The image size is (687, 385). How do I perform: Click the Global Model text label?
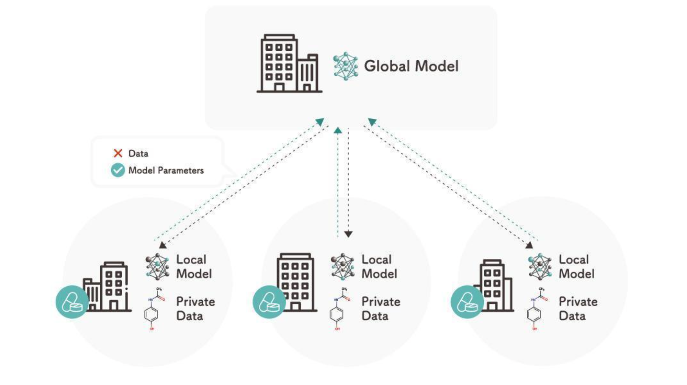tap(411, 66)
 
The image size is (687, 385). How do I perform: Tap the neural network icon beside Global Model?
tap(345, 66)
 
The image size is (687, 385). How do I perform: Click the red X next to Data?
tap(118, 153)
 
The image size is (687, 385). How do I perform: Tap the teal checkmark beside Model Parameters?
tap(118, 170)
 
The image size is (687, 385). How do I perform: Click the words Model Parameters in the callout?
tap(166, 171)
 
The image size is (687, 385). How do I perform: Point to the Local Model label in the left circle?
tap(194, 267)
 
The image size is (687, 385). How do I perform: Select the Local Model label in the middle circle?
tap(379, 267)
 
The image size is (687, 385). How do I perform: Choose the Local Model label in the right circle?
tap(576, 267)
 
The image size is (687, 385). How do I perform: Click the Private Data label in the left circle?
tap(195, 309)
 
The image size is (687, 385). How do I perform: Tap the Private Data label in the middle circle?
tap(381, 309)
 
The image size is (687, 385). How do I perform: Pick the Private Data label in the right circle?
tap(578, 309)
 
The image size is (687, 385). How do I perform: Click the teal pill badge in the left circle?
tap(72, 302)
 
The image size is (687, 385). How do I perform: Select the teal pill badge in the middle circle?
tap(269, 302)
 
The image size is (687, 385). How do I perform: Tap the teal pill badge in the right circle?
tap(467, 302)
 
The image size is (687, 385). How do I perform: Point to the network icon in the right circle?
tap(540, 267)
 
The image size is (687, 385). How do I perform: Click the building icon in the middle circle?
tap(296, 282)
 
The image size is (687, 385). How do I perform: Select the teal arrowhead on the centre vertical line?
tap(338, 130)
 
